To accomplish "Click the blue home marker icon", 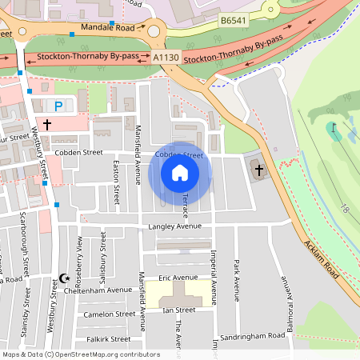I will (x=180, y=173).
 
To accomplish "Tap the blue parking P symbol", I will (x=58, y=106).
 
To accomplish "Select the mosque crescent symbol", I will (x=66, y=278).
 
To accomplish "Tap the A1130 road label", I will (x=166, y=58).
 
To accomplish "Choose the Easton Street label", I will (x=117, y=180).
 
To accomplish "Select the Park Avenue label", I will (x=236, y=275).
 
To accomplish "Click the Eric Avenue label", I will (x=178, y=278).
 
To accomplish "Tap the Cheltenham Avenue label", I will (x=102, y=290).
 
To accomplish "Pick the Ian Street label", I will (x=178, y=310).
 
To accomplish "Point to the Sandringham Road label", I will (x=253, y=338).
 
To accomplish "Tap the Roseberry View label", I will (x=78, y=255).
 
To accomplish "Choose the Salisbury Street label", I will (x=103, y=252).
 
